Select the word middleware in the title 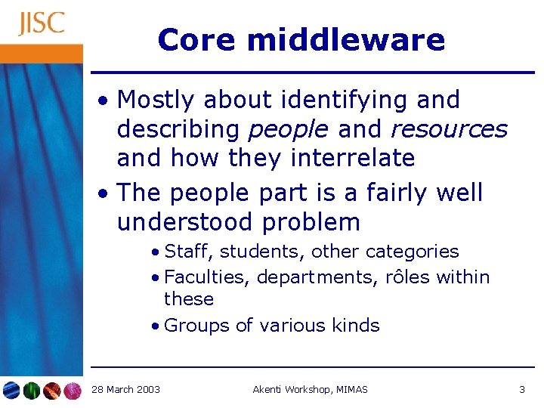(x=346, y=39)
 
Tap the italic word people (x=288, y=129)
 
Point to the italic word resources (x=449, y=129)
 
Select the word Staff (x=187, y=252)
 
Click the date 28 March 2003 (x=125, y=389)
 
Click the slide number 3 (x=521, y=389)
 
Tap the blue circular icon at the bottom (x=11, y=390)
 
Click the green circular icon (x=32, y=390)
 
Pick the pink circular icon (x=73, y=390)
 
